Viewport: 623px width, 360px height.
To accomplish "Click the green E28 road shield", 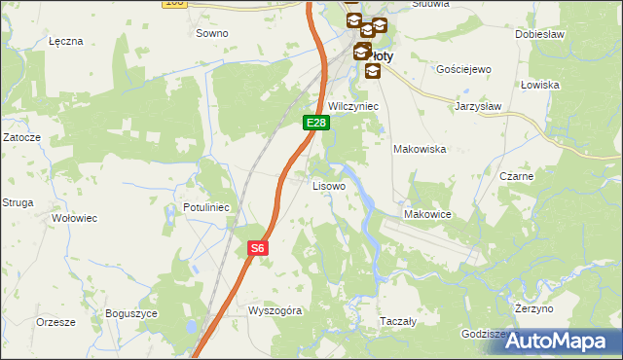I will (315, 123).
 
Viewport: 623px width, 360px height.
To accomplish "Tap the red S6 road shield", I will (256, 248).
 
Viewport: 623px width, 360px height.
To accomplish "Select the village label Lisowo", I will (328, 185).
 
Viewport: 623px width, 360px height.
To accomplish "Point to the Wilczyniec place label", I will (352, 105).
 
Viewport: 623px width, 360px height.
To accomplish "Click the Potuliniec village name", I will (205, 207).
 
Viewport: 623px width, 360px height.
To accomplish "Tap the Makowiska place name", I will (419, 149).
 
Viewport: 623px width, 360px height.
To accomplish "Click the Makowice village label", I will (425, 214).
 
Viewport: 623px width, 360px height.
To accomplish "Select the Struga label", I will (18, 202).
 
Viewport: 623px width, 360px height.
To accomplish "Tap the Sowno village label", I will (211, 33).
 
